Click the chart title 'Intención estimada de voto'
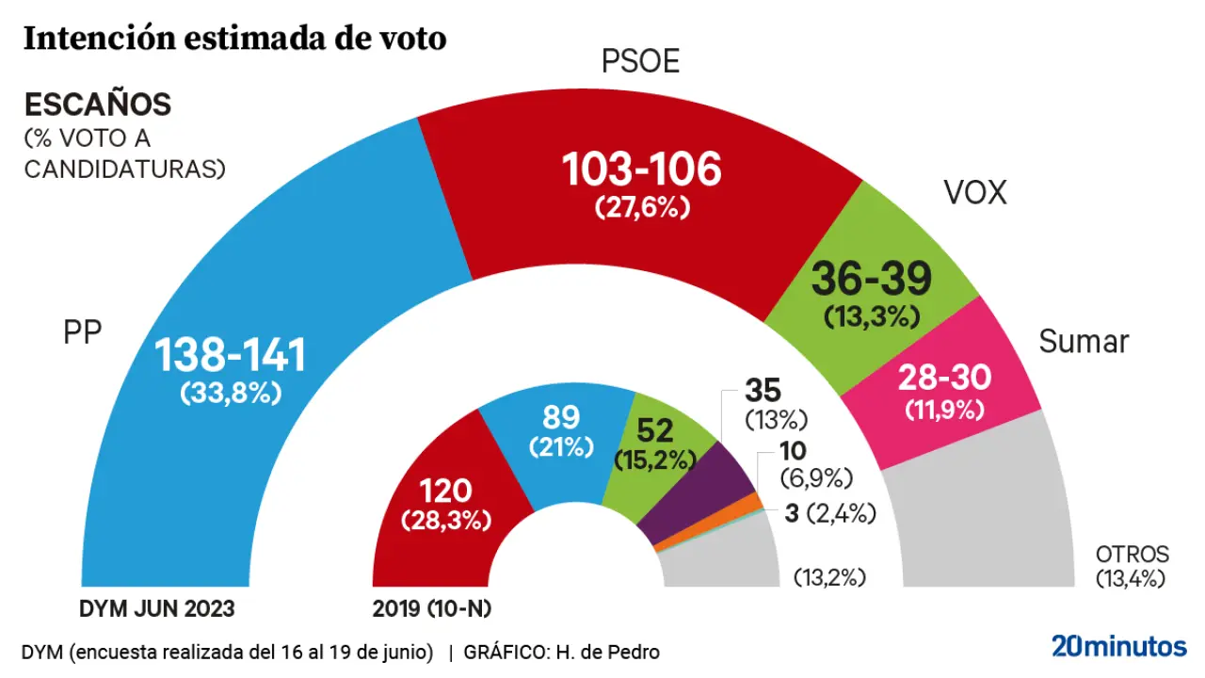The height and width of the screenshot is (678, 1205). tap(234, 39)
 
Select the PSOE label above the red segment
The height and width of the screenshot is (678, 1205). tap(640, 62)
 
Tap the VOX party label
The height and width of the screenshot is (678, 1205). tap(974, 193)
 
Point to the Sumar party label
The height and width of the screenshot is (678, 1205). tap(1084, 342)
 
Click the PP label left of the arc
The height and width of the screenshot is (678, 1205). tap(82, 332)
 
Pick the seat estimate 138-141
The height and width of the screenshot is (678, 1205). tap(231, 356)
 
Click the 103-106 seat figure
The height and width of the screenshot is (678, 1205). tap(641, 169)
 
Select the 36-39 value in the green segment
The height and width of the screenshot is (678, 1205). tap(871, 278)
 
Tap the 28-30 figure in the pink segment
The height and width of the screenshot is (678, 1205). tap(944, 379)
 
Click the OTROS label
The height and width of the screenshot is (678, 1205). tap(1132, 555)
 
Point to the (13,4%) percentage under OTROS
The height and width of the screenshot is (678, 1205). tap(1132, 578)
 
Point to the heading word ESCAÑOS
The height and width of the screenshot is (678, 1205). tap(97, 104)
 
